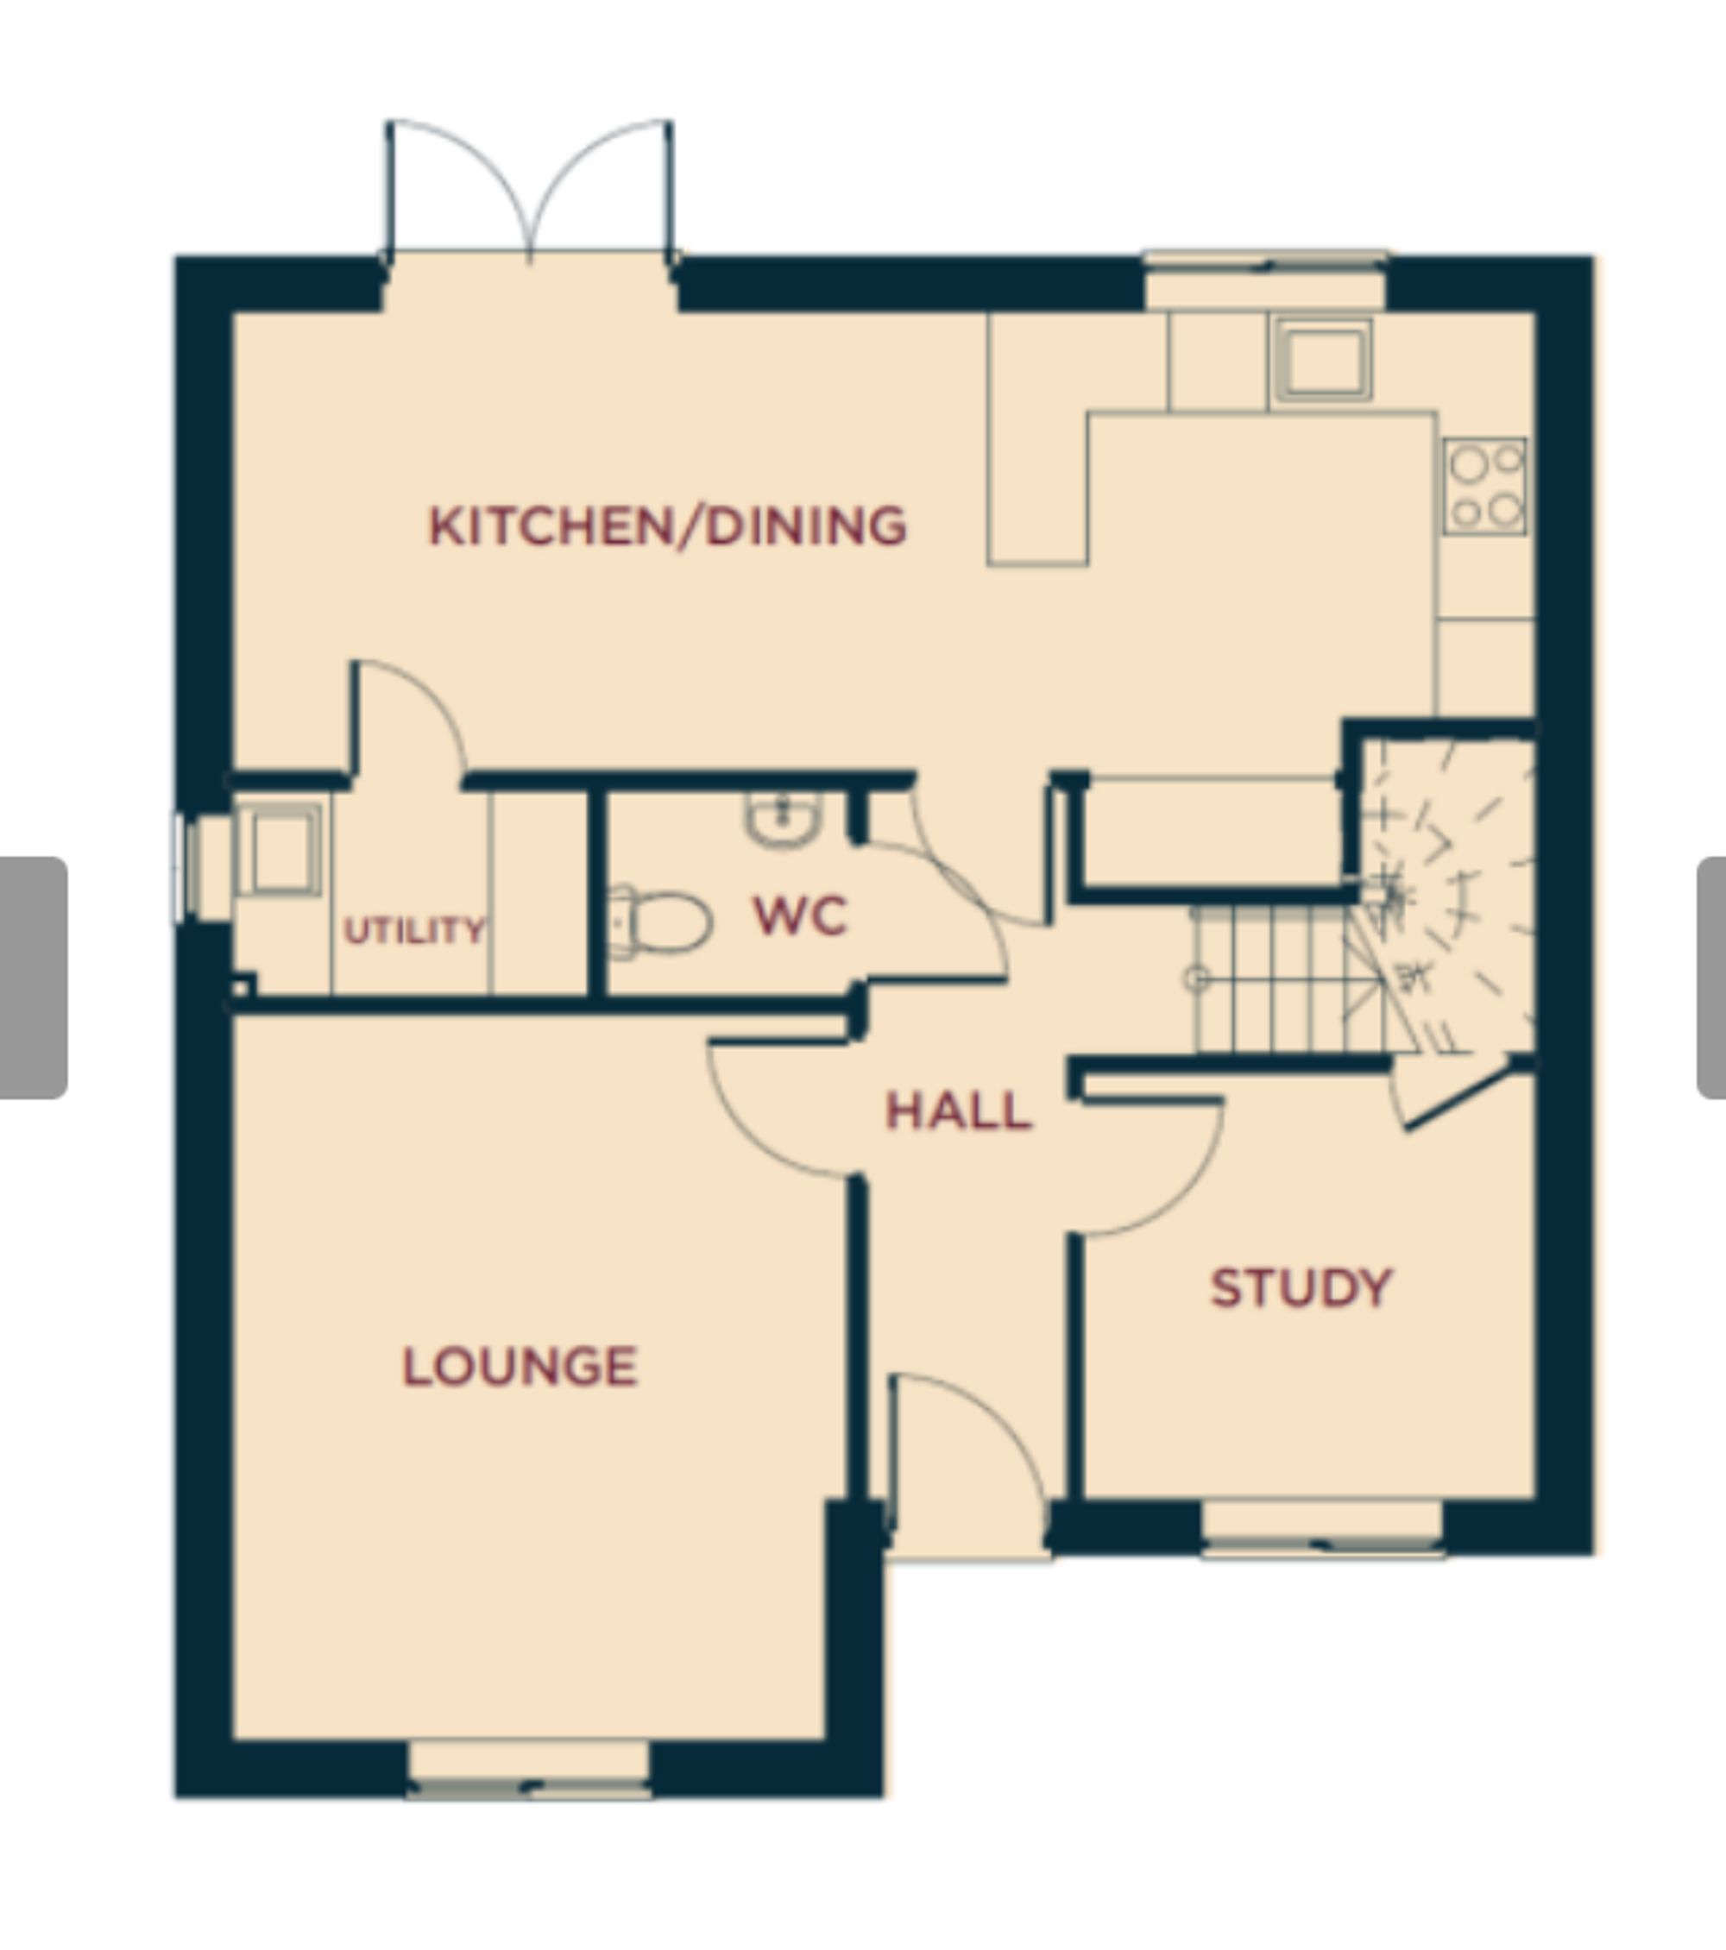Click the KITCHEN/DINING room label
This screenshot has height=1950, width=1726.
tap(667, 525)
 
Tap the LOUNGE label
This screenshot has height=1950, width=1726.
tap(520, 1366)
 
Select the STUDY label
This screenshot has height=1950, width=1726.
tap(1301, 1288)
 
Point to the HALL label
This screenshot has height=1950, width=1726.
tap(958, 1111)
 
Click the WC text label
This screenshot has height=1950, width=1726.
tap(799, 915)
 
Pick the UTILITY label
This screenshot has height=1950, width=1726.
tap(414, 930)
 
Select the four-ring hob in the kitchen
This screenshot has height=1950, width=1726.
tap(1484, 487)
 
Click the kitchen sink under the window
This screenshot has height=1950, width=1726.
tap(1322, 360)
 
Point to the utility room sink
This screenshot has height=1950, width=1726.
tap(279, 849)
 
